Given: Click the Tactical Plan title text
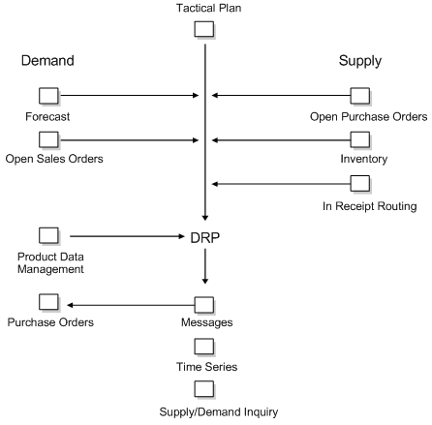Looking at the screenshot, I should coord(204,8).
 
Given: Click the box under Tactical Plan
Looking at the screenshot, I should coord(204,29).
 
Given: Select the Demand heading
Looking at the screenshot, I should coord(49,61).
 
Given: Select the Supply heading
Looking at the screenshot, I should coord(359,61).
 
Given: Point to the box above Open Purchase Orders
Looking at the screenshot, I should coord(359,95).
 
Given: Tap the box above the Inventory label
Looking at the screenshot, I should coord(359,139).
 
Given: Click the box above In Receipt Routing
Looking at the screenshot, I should coord(359,182).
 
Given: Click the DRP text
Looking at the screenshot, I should coord(204,235).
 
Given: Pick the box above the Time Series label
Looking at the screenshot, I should coord(204,346).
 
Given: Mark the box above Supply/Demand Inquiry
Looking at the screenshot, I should coord(204,389).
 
